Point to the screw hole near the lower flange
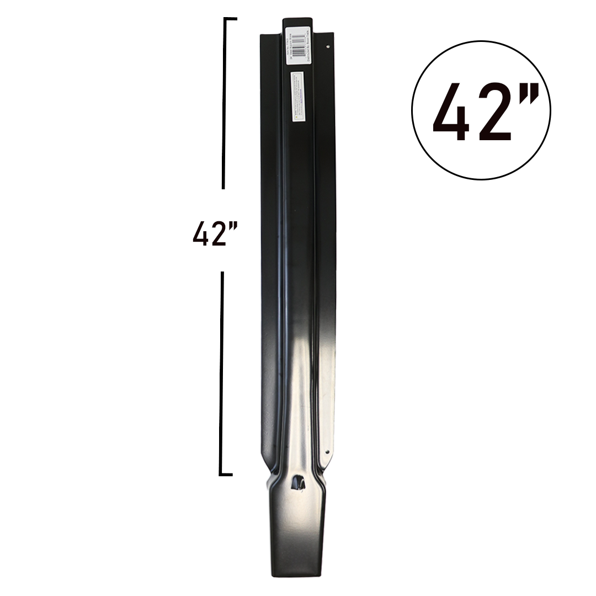point(327,452)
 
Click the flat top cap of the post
point(297,20)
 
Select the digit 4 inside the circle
point(451,113)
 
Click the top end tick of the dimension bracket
point(230,19)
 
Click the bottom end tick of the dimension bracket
point(226,473)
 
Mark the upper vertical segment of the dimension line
point(223,105)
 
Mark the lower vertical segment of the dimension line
point(222,372)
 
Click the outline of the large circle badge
point(412,110)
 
